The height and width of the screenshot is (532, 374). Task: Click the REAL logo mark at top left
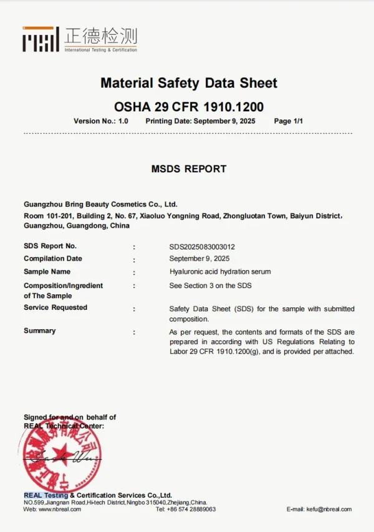point(41,39)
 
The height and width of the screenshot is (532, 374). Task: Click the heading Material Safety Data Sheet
point(189,83)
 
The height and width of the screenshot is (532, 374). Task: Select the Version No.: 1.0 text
point(101,121)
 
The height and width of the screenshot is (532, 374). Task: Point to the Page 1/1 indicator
point(288,121)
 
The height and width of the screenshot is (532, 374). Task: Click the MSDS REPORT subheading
point(189,169)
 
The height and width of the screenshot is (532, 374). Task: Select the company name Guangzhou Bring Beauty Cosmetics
point(100,204)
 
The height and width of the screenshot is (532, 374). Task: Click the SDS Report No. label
point(50,246)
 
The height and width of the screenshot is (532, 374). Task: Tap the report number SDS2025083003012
point(202,246)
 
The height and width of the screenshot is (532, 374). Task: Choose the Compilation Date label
point(53,258)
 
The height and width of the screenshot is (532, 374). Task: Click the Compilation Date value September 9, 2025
point(199,258)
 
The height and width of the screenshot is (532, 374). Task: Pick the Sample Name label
point(47,271)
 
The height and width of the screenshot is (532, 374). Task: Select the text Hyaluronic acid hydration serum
point(220,272)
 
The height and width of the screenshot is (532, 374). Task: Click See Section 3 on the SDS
point(210,286)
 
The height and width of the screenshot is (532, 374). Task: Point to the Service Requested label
point(55,307)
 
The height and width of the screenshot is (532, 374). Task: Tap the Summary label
point(39,330)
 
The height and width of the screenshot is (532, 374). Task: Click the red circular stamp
point(60,457)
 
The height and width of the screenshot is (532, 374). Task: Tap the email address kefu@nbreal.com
point(328,509)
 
